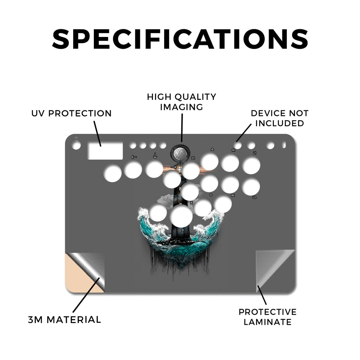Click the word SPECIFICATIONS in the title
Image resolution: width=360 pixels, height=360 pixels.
180,39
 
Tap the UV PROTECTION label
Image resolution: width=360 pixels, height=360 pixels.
71,113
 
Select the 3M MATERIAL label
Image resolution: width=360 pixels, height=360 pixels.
65,320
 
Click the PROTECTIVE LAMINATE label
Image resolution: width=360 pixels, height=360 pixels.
268,317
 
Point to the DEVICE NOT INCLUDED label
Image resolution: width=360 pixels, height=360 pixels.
279,118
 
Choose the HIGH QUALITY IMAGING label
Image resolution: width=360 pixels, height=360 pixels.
182,102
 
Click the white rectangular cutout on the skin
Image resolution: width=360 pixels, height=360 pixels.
105,151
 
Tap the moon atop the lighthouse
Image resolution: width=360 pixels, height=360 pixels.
180,153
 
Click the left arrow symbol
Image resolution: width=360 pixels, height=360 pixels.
134,157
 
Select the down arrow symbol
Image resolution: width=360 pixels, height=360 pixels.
155,156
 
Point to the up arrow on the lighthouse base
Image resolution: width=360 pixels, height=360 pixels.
183,231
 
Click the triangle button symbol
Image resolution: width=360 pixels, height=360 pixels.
212,149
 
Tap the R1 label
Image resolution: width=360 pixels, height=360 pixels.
233,150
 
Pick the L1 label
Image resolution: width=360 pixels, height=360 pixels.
255,153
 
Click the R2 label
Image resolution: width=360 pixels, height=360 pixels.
233,195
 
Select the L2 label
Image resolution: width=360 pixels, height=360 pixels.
255,197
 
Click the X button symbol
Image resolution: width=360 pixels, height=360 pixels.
192,203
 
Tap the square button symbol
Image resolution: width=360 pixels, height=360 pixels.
193,158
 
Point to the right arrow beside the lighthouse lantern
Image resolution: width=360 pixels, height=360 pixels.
174,167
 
